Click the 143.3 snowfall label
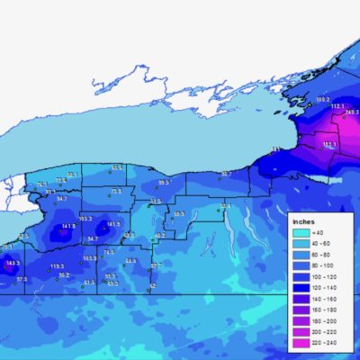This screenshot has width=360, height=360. [12, 263]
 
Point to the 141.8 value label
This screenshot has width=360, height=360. [68, 227]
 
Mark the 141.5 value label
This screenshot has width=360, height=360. [112, 224]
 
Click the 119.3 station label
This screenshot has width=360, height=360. [57, 266]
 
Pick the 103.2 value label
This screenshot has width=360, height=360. [86, 218]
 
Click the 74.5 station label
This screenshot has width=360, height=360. [109, 253]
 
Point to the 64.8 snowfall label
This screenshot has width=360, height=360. [131, 261]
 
